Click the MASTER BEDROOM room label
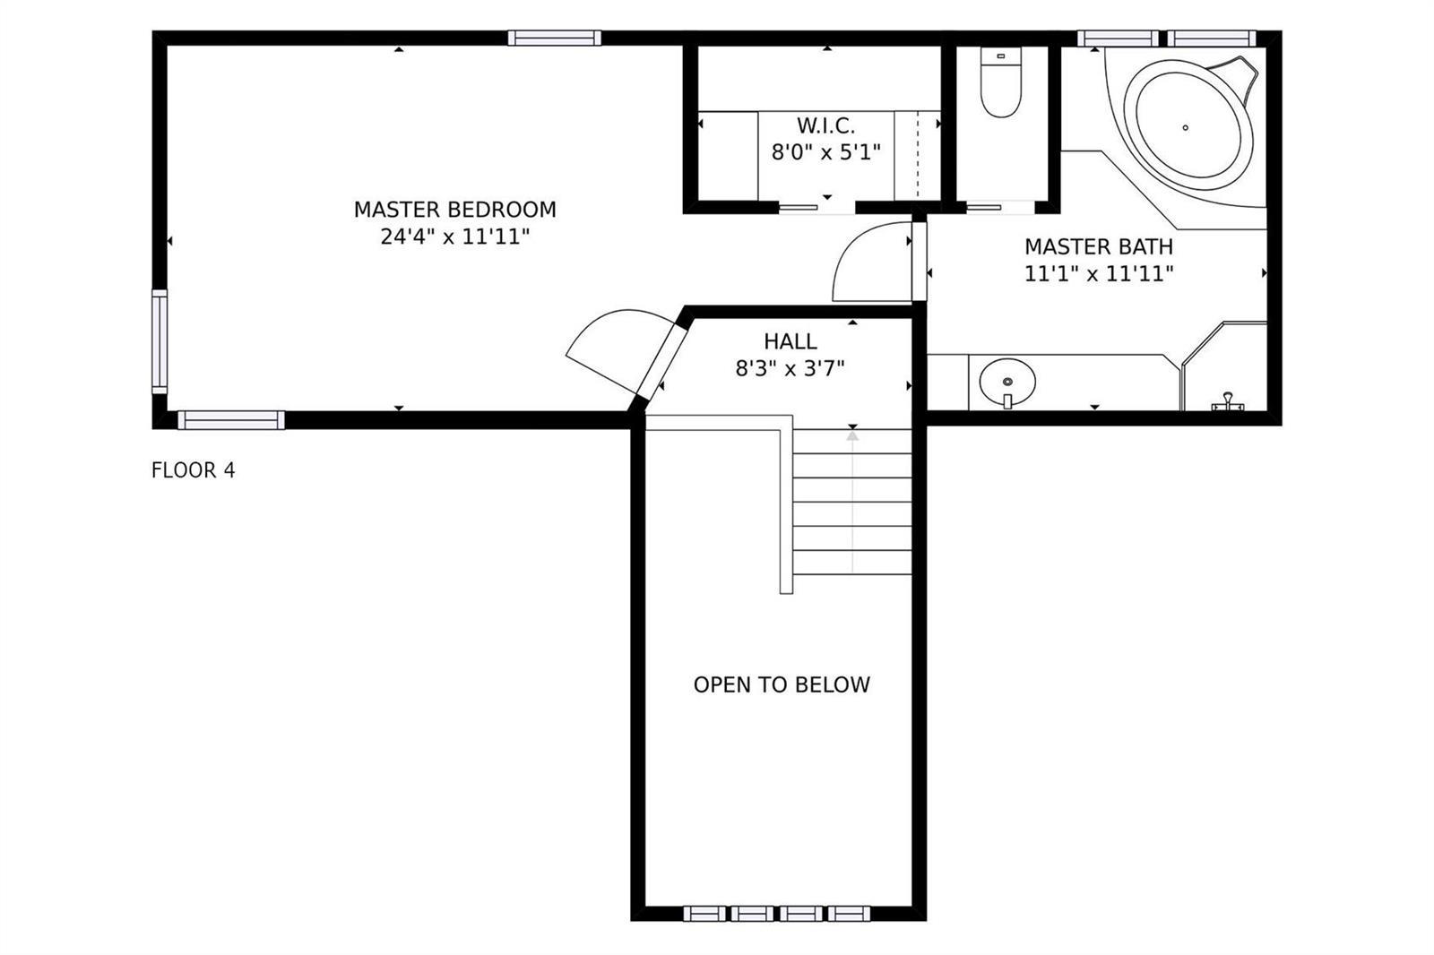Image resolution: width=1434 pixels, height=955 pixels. click(x=454, y=210)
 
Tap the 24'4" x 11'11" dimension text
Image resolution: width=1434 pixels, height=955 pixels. click(x=454, y=237)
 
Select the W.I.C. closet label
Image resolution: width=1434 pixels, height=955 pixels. click(x=825, y=125)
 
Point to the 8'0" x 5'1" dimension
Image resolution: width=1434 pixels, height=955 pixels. click(x=825, y=152)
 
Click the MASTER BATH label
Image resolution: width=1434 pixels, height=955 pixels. click(x=1099, y=246)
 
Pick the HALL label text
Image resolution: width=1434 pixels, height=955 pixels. click(x=790, y=341)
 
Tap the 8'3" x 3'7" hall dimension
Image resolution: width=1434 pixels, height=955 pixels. click(x=790, y=369)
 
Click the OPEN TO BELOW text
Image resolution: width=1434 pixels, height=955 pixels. click(x=782, y=684)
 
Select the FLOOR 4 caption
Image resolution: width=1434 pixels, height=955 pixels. click(x=194, y=470)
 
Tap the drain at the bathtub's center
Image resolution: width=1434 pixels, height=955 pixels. click(x=1186, y=127)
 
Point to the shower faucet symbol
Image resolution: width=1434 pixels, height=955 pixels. click(x=1228, y=402)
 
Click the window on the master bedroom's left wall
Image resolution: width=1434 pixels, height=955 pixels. click(x=160, y=342)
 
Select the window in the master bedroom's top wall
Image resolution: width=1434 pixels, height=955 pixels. click(x=555, y=38)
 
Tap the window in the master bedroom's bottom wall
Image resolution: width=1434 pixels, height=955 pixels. click(x=231, y=420)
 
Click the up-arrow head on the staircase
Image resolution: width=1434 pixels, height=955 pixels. click(x=852, y=435)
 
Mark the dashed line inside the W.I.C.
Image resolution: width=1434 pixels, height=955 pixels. click(x=918, y=155)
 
